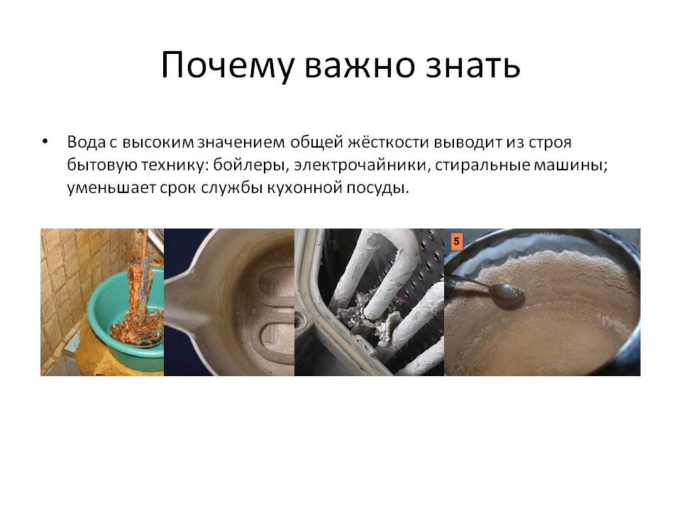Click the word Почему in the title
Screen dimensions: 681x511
pyautogui.click(x=228, y=65)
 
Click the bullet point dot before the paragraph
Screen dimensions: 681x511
pyautogui.click(x=45, y=141)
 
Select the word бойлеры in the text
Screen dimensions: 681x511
pyautogui.click(x=251, y=165)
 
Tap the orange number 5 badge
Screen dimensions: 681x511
pyautogui.click(x=456, y=241)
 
